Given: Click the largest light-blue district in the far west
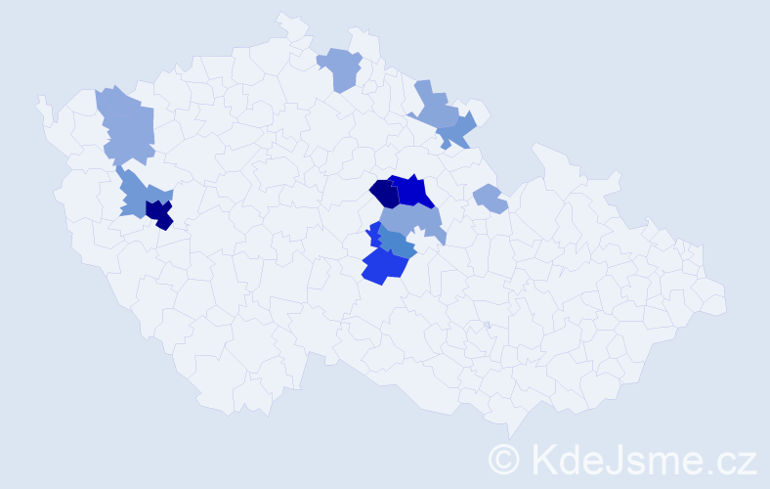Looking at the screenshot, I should (x=128, y=125).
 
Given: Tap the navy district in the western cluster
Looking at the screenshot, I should (x=159, y=212).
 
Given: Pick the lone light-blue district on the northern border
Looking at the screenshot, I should (x=340, y=69).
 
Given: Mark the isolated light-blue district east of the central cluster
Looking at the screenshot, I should (x=490, y=200).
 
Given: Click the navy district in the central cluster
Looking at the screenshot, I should (x=383, y=193).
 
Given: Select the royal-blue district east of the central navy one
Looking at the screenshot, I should (x=411, y=191).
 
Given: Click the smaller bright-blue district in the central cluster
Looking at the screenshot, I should (x=374, y=236).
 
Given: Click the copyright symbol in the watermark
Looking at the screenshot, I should (x=504, y=458).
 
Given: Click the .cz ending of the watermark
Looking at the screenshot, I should (x=733, y=458).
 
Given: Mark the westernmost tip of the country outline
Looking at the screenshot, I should (x=38, y=101).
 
